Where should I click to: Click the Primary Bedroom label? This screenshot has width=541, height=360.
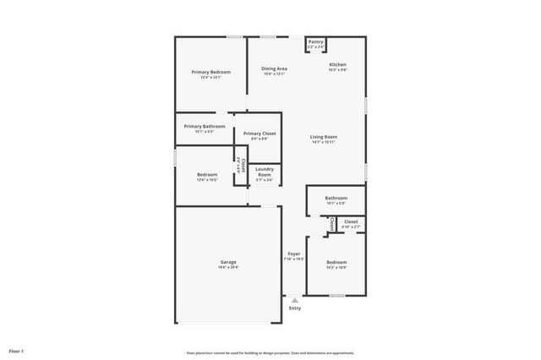coord(210,73)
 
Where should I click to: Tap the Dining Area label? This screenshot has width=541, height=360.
coord(274,68)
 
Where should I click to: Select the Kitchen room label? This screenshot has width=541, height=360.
coord(337,65)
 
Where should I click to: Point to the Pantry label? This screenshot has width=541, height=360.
coord(315,41)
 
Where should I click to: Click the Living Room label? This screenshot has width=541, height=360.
coord(324,136)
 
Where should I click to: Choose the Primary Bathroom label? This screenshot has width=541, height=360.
coord(204,126)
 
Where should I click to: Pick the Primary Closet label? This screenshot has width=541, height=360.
coord(260,134)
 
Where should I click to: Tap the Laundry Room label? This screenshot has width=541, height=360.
coord(265,172)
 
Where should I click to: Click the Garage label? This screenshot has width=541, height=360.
coord(228,262)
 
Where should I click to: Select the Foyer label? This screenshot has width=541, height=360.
coord(294,254)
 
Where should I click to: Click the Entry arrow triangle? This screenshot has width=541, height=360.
coord(294,299)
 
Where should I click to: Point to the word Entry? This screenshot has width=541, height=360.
coord(294,308)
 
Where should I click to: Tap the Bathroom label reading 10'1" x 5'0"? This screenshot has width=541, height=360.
coord(336,198)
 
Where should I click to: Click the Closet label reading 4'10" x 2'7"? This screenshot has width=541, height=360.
coord(351,221)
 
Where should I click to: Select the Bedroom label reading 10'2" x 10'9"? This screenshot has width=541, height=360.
coord(336,262)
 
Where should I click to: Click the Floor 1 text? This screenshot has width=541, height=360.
coord(16,350)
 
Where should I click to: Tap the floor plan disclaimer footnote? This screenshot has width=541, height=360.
coord(270,352)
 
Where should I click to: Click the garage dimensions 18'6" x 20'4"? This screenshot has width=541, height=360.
coord(228,267)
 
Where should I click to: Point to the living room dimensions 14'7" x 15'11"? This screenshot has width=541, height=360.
coord(324,142)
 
